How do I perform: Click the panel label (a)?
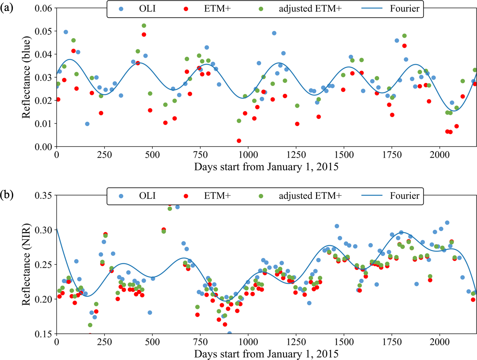click(7, 8)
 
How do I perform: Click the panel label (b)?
click(7, 195)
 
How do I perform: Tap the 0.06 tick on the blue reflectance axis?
click(43, 8)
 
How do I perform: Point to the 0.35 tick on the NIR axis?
click(43, 195)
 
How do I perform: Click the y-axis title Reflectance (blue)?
click(26, 77)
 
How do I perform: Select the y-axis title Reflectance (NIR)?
click(26, 265)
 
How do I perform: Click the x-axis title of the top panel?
click(266, 167)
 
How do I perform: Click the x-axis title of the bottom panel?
click(266, 354)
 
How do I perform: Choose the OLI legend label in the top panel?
click(147, 9)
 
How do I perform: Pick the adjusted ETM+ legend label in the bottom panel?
click(310, 196)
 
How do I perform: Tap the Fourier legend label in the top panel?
click(404, 9)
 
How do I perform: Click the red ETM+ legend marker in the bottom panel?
click(186, 196)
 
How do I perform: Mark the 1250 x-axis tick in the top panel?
click(296, 155)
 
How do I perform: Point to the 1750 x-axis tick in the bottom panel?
click(392, 342)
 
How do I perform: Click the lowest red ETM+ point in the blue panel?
click(239, 141)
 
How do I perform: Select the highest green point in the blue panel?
click(144, 26)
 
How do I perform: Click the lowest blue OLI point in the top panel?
click(87, 124)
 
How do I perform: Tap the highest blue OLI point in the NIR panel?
click(177, 207)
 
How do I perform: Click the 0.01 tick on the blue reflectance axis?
click(43, 124)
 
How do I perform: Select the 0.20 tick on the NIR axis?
click(43, 299)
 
